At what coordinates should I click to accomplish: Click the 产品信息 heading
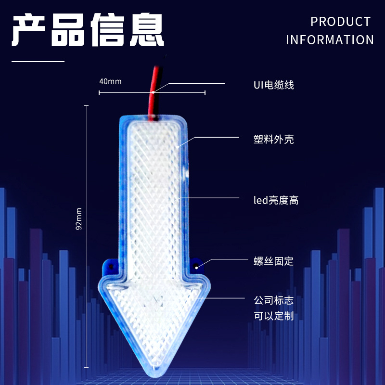pyautogui.click(x=88, y=30)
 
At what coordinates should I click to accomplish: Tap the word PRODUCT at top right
pyautogui.click(x=340, y=22)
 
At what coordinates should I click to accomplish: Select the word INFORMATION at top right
pyautogui.click(x=330, y=40)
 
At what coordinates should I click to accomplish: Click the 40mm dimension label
pyautogui.click(x=110, y=81)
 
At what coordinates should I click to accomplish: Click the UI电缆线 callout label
pyautogui.click(x=273, y=85)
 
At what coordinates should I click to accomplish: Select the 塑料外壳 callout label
pyautogui.click(x=273, y=140)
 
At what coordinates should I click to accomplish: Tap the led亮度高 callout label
pyautogui.click(x=276, y=200)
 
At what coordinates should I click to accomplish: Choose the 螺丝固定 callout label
pyautogui.click(x=273, y=261)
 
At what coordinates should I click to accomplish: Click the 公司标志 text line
pyautogui.click(x=273, y=301)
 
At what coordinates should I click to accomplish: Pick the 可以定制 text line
pyautogui.click(x=273, y=316)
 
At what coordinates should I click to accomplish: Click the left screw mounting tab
pyautogui.click(x=109, y=266)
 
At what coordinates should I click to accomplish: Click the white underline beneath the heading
pyautogui.click(x=38, y=62)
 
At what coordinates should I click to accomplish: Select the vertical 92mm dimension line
pyautogui.click(x=87, y=236)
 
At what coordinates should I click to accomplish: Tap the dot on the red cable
pyautogui.click(x=153, y=91)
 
